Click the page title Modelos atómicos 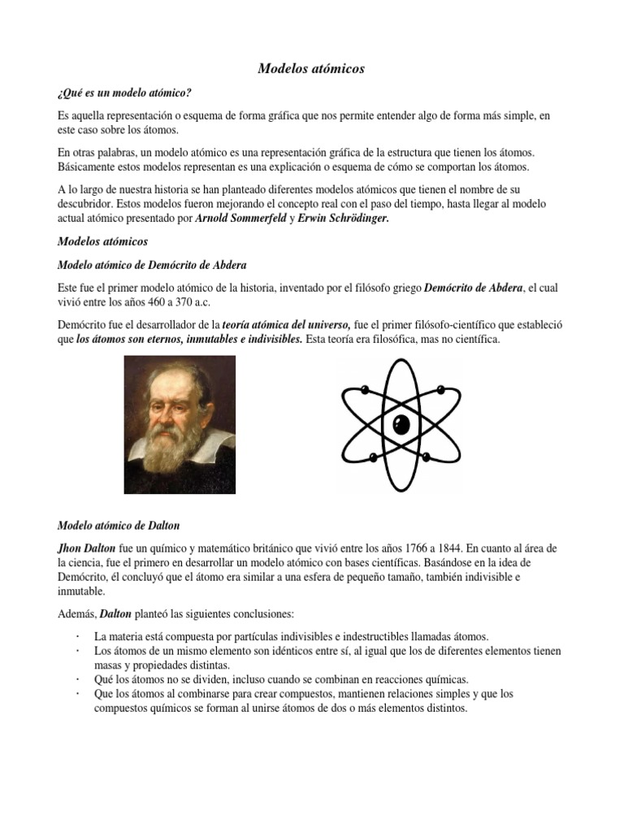(x=311, y=69)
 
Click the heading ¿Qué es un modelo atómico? (x=124, y=93)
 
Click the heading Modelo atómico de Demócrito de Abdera (x=151, y=265)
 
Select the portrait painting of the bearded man (x=179, y=424)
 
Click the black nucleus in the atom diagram (x=401, y=424)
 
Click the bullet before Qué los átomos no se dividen (x=76, y=679)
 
